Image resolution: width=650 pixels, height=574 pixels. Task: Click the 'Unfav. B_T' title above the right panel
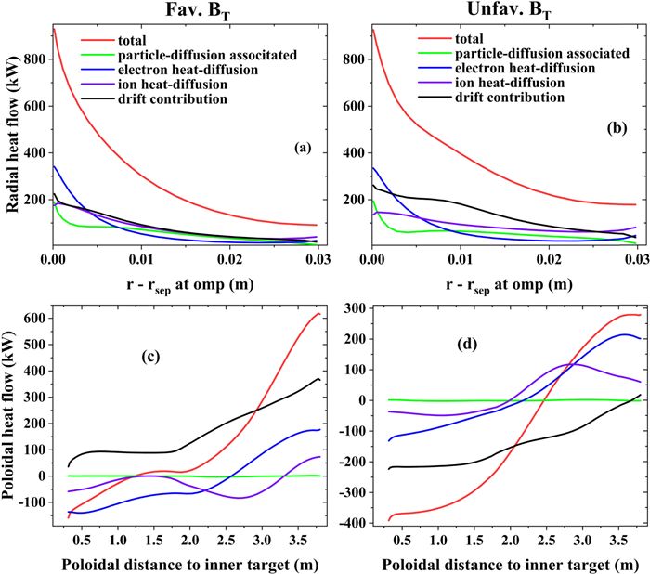[500, 11]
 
